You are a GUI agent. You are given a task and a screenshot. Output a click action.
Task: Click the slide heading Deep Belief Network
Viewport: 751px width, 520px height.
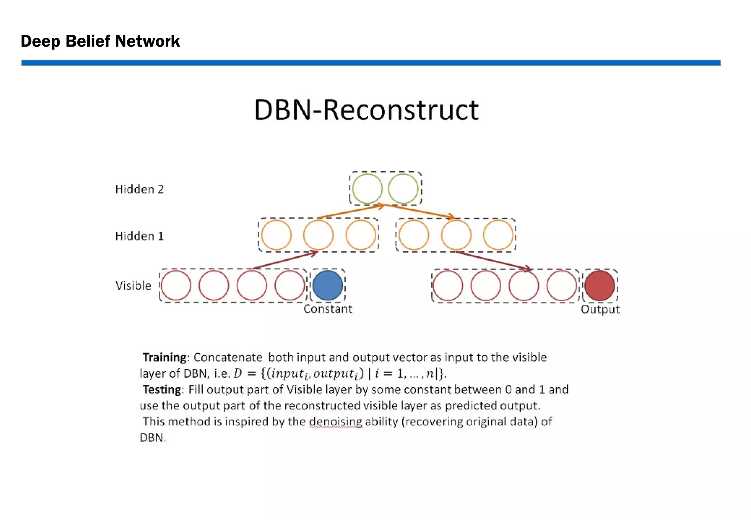click(100, 41)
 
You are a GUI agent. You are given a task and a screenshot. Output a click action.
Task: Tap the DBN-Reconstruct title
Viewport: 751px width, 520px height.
click(366, 110)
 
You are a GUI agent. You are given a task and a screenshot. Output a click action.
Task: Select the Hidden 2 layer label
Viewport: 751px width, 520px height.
click(139, 189)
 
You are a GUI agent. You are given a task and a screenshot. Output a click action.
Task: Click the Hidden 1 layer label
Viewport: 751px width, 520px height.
click(139, 236)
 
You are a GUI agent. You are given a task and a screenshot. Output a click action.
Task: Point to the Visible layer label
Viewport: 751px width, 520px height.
click(133, 285)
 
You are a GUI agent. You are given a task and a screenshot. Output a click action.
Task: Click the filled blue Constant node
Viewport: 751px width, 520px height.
click(327, 285)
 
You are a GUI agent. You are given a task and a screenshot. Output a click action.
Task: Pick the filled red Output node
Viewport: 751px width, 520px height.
click(600, 286)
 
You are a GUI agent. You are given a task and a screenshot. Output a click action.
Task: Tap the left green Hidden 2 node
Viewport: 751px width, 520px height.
click(367, 189)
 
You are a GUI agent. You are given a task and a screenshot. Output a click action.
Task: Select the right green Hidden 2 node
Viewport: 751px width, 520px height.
click(403, 189)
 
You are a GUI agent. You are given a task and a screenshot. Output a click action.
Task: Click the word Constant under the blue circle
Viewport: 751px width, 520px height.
click(327, 309)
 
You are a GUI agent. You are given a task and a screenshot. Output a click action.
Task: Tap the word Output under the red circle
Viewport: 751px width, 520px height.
click(600, 309)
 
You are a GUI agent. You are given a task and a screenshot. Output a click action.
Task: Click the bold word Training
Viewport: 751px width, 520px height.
click(165, 357)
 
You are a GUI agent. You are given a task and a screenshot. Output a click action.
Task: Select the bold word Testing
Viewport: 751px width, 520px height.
click(162, 389)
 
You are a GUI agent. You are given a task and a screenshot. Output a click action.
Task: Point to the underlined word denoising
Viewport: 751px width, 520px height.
click(336, 421)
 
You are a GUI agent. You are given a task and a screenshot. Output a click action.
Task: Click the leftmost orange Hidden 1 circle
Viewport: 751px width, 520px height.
click(276, 235)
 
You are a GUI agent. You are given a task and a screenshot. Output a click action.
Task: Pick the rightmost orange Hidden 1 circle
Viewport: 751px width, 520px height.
click(498, 235)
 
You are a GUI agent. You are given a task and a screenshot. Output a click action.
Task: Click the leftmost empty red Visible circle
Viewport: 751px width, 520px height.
click(176, 285)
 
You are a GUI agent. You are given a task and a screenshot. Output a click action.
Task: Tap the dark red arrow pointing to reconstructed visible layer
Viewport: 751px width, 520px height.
click(493, 261)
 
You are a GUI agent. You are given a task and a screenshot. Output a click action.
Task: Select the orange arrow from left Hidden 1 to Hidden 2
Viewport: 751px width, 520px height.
click(350, 212)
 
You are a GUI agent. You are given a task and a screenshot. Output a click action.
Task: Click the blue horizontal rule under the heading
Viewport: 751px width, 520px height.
click(371, 63)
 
